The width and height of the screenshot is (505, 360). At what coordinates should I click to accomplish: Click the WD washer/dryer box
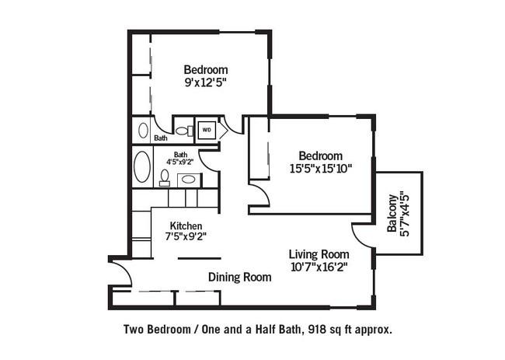[207, 130]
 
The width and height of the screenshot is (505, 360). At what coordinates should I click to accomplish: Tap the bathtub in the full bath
[142, 167]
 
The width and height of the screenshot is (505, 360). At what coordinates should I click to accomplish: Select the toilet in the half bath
[184, 131]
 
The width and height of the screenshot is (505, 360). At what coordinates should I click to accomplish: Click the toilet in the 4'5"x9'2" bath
[165, 178]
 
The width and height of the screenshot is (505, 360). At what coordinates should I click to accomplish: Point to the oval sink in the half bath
[143, 130]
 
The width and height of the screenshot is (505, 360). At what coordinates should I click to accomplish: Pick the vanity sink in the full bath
[189, 179]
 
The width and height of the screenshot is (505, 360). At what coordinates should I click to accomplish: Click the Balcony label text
[392, 213]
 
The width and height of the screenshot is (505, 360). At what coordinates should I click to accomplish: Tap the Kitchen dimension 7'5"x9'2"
[186, 237]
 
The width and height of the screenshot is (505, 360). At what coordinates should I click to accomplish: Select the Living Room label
[319, 254]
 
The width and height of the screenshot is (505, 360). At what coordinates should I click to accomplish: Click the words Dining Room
[239, 277]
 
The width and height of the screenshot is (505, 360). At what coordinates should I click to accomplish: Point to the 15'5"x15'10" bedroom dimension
[320, 169]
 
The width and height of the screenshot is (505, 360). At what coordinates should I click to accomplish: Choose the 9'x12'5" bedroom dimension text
[205, 83]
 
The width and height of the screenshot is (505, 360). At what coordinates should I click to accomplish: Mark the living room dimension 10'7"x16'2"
[319, 267]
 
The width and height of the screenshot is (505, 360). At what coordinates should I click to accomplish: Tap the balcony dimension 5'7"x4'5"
[405, 215]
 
